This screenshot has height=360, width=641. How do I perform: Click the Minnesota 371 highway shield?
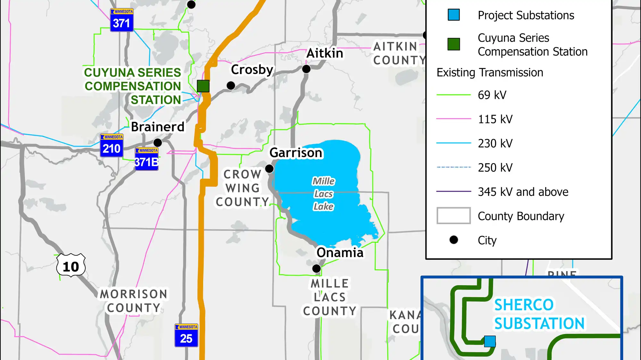pyautogui.click(x=122, y=20)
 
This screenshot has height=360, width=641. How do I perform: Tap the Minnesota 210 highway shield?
pyautogui.click(x=112, y=146)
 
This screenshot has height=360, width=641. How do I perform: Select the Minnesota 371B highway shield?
pyautogui.click(x=146, y=159)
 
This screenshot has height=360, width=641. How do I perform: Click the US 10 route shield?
pyautogui.click(x=71, y=266)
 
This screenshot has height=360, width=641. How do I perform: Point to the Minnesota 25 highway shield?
pyautogui.click(x=186, y=335)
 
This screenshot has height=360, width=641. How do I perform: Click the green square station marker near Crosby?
pyautogui.click(x=203, y=86)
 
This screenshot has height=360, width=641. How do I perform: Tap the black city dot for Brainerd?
pyautogui.click(x=158, y=142)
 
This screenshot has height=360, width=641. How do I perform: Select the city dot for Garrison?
pyautogui.click(x=270, y=169)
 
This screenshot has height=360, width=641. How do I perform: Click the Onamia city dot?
pyautogui.click(x=317, y=268)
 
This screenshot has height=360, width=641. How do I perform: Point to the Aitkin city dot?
pyautogui.click(x=306, y=69)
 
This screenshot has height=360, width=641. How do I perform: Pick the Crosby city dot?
pyautogui.click(x=231, y=86)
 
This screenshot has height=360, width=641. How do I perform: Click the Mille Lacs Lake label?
pyautogui.click(x=324, y=194)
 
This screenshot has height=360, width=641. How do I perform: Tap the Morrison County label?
pyautogui.click(x=134, y=301)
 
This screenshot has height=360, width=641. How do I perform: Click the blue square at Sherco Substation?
pyautogui.click(x=490, y=341)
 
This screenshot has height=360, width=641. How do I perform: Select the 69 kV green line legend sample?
pyautogui.click(x=454, y=95)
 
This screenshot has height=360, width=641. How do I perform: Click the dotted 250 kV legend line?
pyautogui.click(x=454, y=167)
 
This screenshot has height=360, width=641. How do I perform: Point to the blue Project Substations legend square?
pyautogui.click(x=454, y=15)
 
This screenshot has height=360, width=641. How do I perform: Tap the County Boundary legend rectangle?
pyautogui.click(x=454, y=216)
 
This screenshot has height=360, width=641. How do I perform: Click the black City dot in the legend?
pyautogui.click(x=454, y=240)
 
